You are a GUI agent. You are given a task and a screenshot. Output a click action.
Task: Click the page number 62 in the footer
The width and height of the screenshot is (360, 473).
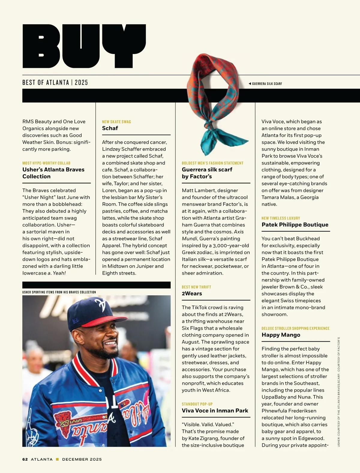pos(25,459)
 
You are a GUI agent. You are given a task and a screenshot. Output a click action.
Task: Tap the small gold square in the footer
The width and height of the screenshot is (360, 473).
pos(57,459)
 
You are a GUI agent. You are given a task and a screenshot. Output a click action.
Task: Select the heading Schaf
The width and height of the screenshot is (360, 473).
pos(110,128)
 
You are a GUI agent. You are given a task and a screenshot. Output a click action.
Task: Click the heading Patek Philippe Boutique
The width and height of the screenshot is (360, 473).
pos(295,224)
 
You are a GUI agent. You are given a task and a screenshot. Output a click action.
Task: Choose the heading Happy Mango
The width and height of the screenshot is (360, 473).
pos(280,335)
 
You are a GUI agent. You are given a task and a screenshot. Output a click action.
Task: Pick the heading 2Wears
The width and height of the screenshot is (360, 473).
pos(192,294)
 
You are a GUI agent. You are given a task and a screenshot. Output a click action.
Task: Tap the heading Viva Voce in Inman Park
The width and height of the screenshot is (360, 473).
pos(215,411)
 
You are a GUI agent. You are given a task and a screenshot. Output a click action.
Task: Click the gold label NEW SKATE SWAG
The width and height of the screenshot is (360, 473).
pos(116,122)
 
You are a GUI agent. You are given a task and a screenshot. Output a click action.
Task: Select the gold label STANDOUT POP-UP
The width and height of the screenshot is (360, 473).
pos(197,404)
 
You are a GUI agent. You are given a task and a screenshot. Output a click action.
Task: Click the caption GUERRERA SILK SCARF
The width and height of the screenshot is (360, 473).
pos(267,84)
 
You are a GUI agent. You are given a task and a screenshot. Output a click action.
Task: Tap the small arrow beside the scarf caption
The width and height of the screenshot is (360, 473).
pos(250,84)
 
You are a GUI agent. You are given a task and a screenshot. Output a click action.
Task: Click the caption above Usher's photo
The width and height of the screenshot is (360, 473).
pos(59,292)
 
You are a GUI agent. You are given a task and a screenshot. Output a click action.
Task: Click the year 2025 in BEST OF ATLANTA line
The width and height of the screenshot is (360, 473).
pos(81,83)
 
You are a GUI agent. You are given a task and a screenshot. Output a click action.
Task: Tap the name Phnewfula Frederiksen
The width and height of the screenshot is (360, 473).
pos(289,411)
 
